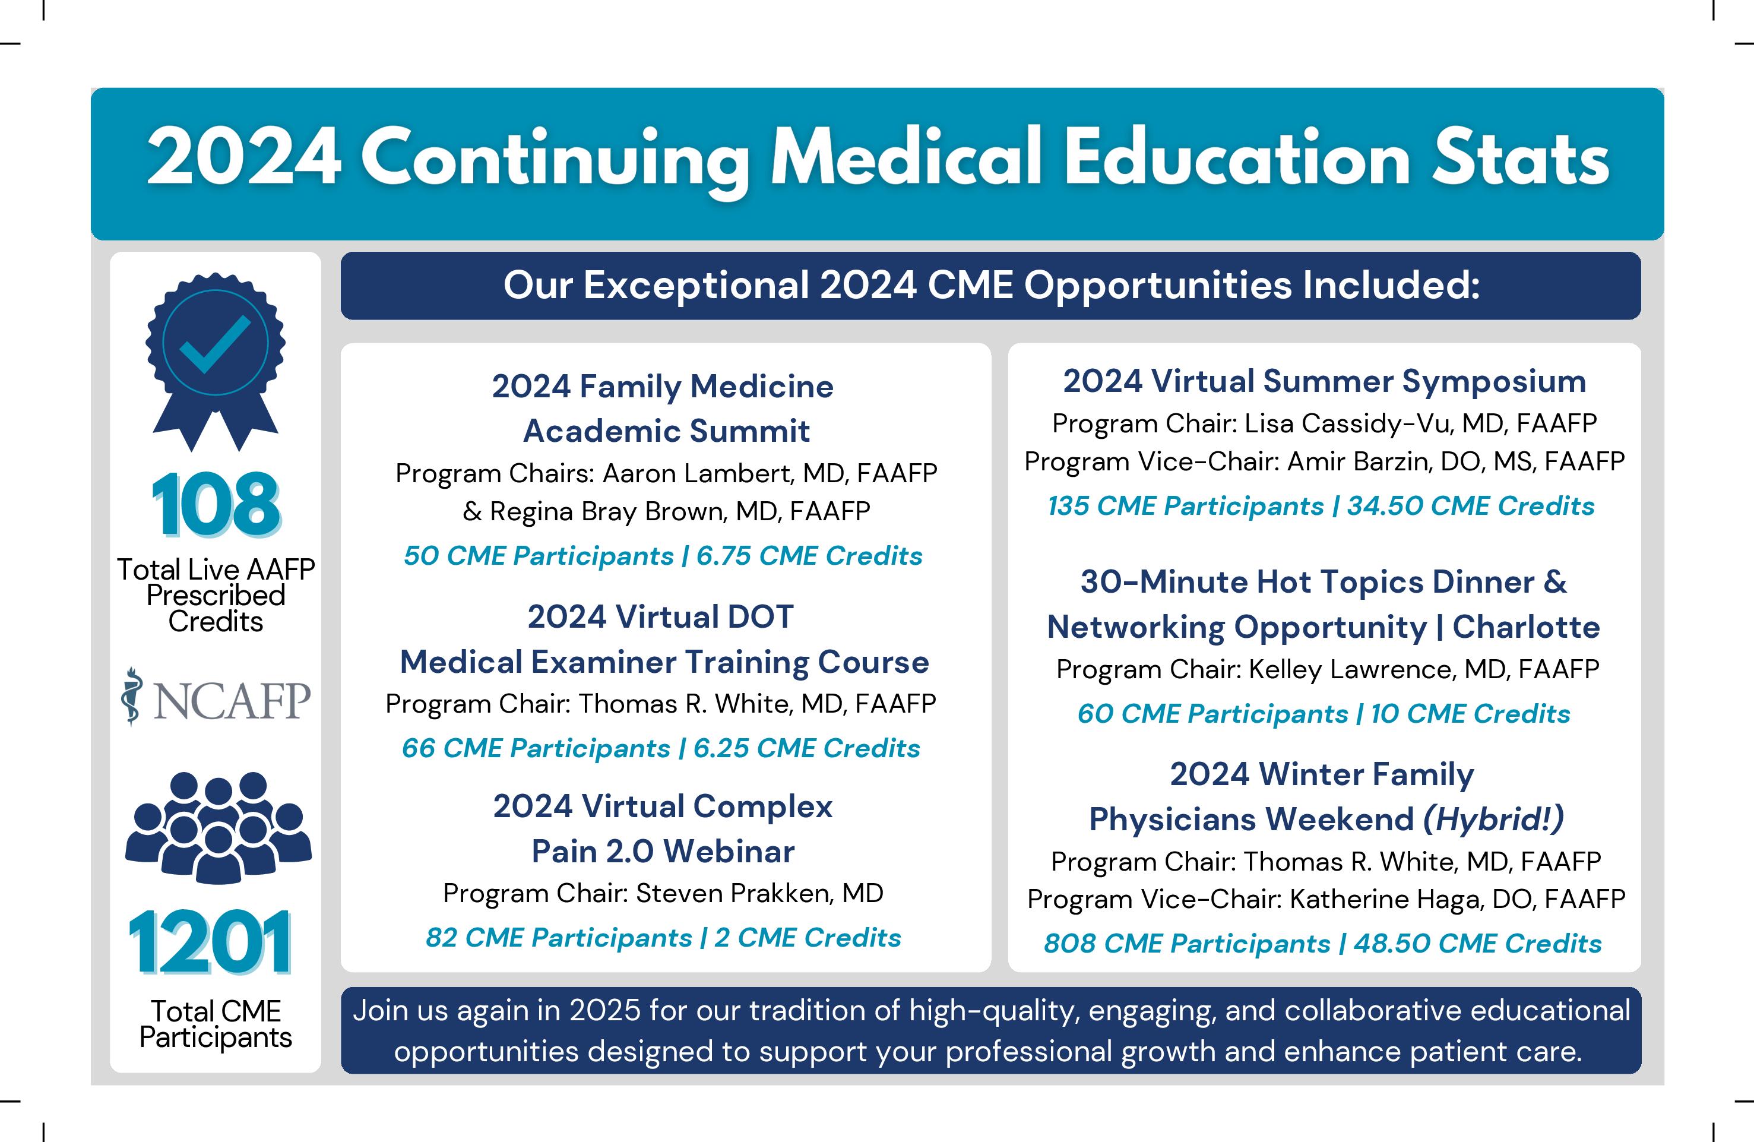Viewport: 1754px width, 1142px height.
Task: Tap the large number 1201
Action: (210, 943)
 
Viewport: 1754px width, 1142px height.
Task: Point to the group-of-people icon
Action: (218, 827)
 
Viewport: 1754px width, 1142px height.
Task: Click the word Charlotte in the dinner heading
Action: (1525, 627)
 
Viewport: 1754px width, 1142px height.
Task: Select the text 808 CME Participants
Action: (1186, 944)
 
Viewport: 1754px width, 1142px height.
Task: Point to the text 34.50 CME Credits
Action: (1470, 507)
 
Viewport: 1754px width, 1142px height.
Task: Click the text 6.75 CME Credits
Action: (809, 556)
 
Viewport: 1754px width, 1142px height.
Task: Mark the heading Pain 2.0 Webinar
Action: (663, 852)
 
